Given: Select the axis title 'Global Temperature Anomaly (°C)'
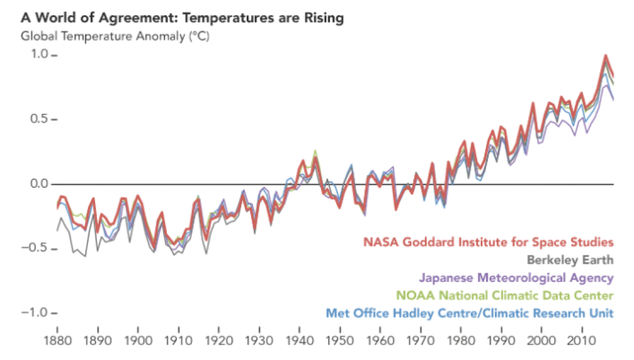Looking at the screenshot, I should (115, 36).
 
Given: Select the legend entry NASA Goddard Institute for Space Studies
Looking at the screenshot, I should (488, 242).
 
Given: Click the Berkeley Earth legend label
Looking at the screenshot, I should (570, 260).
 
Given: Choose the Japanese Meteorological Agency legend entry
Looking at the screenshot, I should (516, 277).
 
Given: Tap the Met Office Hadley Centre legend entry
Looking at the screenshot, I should (470, 312).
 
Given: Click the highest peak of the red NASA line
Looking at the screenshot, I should (605, 56).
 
